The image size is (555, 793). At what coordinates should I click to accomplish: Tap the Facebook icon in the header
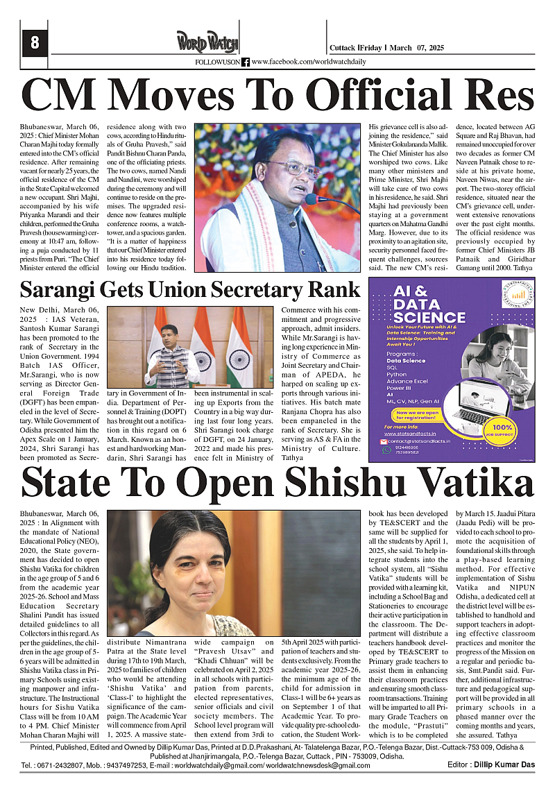point(246,62)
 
